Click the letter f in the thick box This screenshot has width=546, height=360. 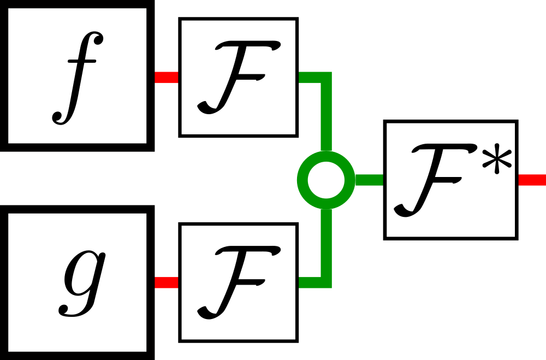click(76, 78)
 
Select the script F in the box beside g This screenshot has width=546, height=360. click(239, 282)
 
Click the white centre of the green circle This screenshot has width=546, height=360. click(327, 180)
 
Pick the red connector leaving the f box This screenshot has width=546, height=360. click(167, 78)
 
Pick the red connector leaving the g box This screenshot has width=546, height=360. click(167, 282)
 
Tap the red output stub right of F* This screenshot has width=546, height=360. click(531, 180)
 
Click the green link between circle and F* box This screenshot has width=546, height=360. click(370, 180)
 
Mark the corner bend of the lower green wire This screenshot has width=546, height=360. click(326, 282)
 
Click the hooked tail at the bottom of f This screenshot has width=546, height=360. click(59, 116)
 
